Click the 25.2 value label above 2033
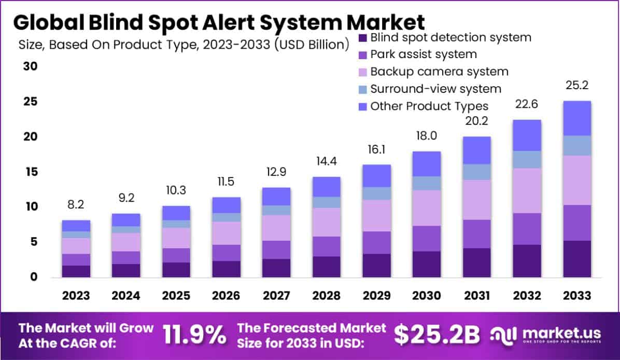(577, 85)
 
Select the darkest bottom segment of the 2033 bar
(577, 258)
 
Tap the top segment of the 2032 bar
(527, 135)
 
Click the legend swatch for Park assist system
(362, 54)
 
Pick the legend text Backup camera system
(439, 72)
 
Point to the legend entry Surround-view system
(435, 89)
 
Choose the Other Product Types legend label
(429, 106)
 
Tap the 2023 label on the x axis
(76, 296)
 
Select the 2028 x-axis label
(327, 296)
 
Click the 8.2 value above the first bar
(76, 205)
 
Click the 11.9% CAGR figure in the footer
(195, 335)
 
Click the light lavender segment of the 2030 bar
(427, 207)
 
